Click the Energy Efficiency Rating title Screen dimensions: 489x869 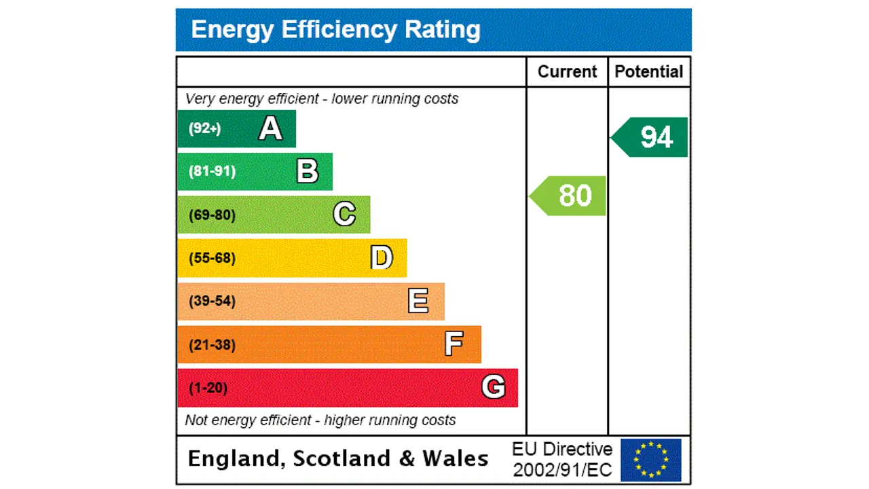(x=335, y=30)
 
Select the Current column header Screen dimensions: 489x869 (x=567, y=72)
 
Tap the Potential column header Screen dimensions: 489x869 (x=648, y=72)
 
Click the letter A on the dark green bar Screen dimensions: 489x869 (x=270, y=128)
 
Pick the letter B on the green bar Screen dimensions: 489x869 (x=308, y=172)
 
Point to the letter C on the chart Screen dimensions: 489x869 (x=344, y=215)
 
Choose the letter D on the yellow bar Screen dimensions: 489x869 (x=382, y=258)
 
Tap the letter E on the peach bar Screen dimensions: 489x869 (x=418, y=301)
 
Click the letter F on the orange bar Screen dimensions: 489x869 (x=454, y=344)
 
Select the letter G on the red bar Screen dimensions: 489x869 (x=494, y=388)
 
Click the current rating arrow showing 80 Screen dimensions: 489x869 (x=569, y=196)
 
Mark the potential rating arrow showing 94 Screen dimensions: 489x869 (x=650, y=137)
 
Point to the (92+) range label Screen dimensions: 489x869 (x=204, y=128)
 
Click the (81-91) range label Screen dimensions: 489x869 (x=212, y=171)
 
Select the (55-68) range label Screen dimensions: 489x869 (x=212, y=258)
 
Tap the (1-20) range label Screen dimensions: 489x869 (x=208, y=388)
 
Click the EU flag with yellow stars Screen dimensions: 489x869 (x=650, y=460)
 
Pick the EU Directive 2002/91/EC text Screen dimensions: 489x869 (x=562, y=459)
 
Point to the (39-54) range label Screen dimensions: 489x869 (x=212, y=301)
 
